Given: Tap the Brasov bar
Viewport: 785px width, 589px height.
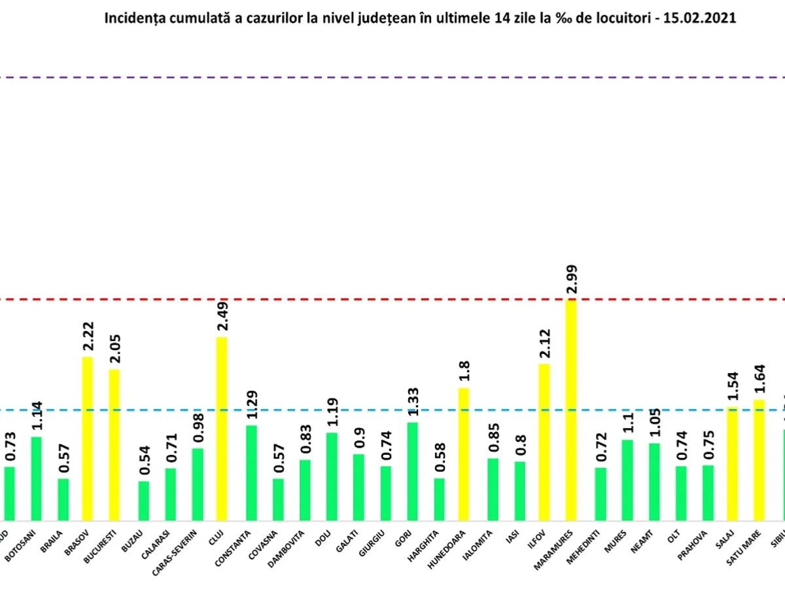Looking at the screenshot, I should [x=88, y=438].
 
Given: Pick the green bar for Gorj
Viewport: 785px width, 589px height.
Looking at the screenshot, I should [x=413, y=471].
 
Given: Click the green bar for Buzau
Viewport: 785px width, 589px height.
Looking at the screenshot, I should [x=143, y=501].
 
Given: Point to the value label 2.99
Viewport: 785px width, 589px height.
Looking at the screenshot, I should [x=570, y=281].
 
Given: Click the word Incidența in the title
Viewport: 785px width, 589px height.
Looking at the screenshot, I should [x=131, y=18].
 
